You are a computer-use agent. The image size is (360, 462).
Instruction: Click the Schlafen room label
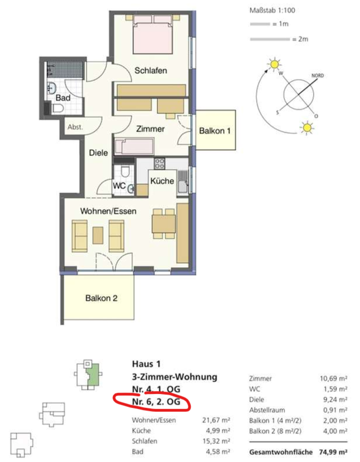(x=151, y=71)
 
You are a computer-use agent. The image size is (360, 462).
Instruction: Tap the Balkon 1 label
(x=215, y=130)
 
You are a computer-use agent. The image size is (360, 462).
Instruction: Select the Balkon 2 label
(x=102, y=298)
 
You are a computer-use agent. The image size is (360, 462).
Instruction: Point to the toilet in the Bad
(x=58, y=108)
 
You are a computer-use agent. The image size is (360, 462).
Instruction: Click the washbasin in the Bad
(x=52, y=88)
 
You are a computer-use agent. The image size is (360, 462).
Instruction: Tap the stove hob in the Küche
(x=160, y=163)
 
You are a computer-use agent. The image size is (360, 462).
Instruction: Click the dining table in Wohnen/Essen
(x=164, y=224)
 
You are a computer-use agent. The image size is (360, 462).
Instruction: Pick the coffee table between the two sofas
(x=98, y=235)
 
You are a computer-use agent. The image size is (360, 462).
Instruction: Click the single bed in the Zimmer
(x=134, y=146)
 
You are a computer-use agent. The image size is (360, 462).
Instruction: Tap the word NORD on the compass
(x=318, y=76)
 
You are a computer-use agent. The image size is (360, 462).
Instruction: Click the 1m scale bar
(x=260, y=24)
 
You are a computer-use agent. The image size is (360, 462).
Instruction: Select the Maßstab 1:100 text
(x=272, y=11)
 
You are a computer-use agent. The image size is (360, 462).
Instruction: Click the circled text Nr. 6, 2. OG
(x=156, y=401)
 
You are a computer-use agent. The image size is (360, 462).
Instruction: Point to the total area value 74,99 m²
(x=333, y=452)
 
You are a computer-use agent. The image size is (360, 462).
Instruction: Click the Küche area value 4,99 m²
(x=218, y=430)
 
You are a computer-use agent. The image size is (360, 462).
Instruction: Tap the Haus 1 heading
(x=146, y=364)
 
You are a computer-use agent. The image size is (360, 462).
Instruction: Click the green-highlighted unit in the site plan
(x=94, y=375)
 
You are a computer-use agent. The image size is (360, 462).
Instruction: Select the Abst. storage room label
(x=75, y=127)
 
